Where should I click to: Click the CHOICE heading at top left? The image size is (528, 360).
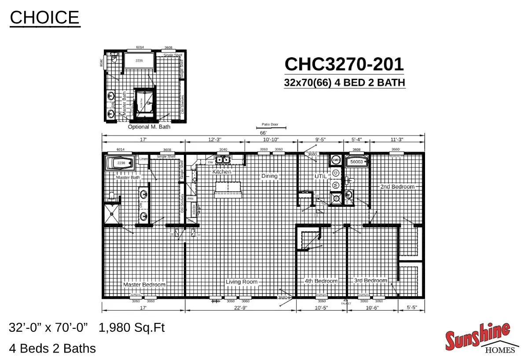44,18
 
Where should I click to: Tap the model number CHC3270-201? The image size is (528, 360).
344,64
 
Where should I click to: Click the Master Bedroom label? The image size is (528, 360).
144,284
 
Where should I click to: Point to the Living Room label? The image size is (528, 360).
242,282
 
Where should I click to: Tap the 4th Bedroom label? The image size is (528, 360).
321,281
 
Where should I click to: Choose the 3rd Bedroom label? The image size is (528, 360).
370,280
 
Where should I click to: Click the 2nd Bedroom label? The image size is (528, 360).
397,187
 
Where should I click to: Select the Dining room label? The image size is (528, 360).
269,176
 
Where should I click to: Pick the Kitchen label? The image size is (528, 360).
222,172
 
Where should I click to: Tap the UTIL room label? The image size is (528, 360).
320,176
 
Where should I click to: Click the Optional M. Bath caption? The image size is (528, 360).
149,127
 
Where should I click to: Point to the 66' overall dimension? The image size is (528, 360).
263,133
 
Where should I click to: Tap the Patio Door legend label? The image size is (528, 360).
270,125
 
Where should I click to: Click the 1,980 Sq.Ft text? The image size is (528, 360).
132,327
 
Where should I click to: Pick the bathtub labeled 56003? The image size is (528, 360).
356,162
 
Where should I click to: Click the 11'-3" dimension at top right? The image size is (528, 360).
397,140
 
